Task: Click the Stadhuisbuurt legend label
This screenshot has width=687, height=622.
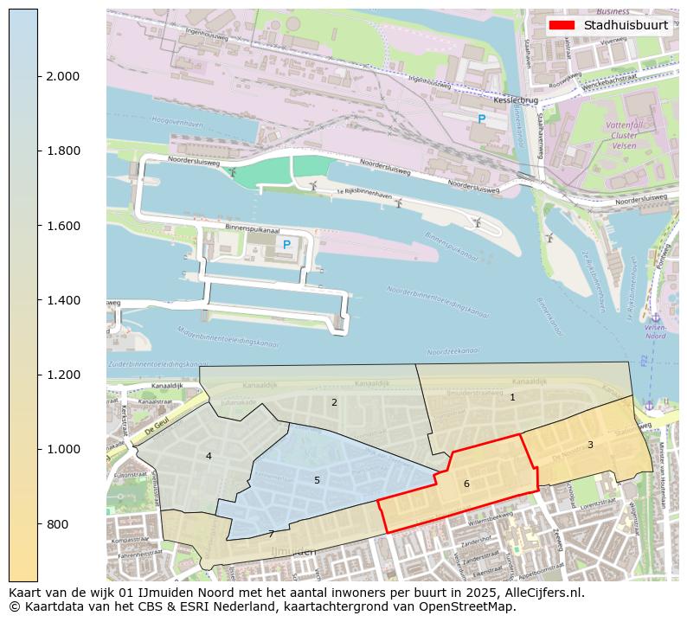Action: coord(626,25)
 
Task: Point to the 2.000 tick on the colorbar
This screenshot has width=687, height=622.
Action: coord(62,76)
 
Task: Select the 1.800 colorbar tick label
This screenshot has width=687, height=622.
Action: coord(62,151)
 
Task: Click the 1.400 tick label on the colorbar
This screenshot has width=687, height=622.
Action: coord(62,300)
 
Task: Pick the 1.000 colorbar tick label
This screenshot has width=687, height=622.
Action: coord(62,449)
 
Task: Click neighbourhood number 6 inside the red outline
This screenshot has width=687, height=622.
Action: coord(466,484)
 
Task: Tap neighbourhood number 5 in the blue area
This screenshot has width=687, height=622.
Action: coord(317,480)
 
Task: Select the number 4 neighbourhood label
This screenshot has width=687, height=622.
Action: coord(209,456)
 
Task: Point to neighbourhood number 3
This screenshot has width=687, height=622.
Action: coord(590,445)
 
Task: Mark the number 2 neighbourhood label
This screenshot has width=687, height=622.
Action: coord(334,402)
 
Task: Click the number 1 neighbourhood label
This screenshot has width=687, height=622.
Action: coord(512,397)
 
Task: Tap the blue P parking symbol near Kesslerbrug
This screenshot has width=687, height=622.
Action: coord(482,119)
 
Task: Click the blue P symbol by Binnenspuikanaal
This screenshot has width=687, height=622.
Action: coord(286,245)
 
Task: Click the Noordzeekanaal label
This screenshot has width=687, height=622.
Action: coord(453,352)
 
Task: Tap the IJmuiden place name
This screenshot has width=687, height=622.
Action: coord(294,551)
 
